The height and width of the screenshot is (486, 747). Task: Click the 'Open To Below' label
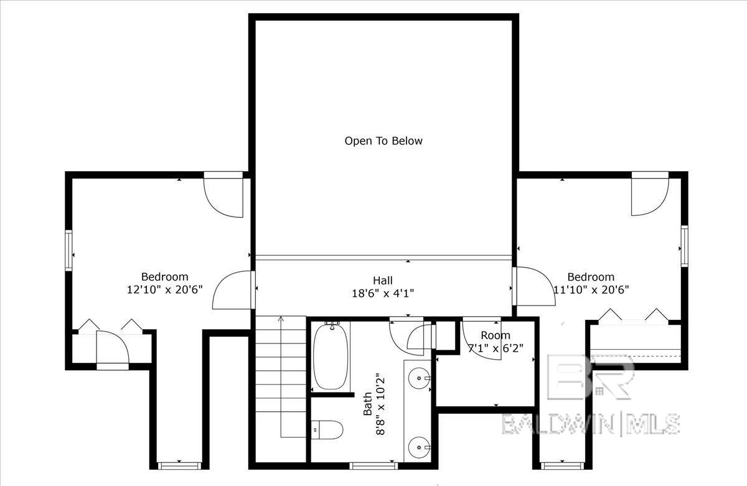tap(383, 141)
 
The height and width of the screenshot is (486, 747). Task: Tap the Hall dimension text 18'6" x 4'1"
tap(383, 293)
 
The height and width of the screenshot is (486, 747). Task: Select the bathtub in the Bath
tap(331, 356)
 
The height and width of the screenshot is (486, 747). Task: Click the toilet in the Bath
tap(327, 430)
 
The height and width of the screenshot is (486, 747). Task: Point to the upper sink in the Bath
tap(420, 378)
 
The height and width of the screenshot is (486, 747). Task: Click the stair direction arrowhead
tap(281, 319)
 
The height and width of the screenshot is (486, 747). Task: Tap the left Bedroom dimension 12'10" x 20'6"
tap(165, 289)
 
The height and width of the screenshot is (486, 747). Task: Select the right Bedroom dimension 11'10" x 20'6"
tap(591, 289)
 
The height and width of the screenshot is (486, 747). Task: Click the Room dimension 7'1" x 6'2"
tap(496, 348)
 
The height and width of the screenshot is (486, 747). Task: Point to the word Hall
tap(383, 280)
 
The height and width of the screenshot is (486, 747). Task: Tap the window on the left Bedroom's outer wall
tap(68, 250)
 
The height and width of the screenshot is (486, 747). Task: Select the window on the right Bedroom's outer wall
tap(684, 246)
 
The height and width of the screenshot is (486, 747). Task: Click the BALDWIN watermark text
tap(558, 424)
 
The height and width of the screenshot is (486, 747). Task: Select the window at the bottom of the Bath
tap(374, 465)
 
